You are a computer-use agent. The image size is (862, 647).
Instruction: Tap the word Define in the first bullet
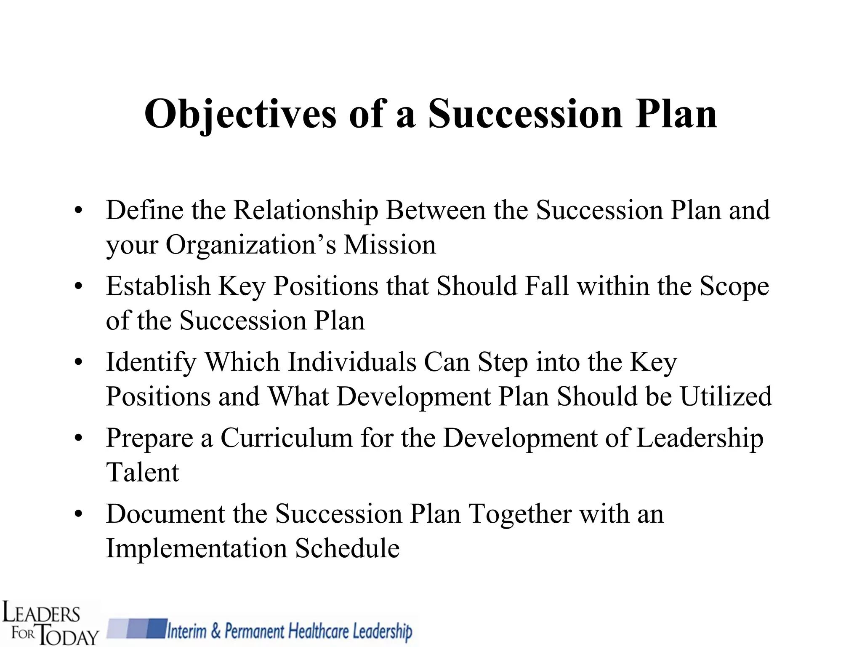[x=144, y=210]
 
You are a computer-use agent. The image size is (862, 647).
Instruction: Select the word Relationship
[x=306, y=211]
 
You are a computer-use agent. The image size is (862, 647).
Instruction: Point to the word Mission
[x=390, y=245]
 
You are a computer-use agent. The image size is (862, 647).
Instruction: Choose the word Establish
[x=158, y=286]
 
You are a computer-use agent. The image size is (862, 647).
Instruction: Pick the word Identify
[x=151, y=363]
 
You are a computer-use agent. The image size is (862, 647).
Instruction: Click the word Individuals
[x=352, y=362]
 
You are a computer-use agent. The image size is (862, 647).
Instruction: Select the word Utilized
[x=726, y=396]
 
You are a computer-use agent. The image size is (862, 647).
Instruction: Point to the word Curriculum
[x=287, y=438]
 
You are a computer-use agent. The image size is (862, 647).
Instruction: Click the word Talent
[x=143, y=472]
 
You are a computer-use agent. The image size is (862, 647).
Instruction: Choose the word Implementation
[x=197, y=548]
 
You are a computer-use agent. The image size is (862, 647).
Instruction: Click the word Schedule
[x=347, y=548]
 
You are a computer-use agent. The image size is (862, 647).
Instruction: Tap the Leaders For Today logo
[x=50, y=623]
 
